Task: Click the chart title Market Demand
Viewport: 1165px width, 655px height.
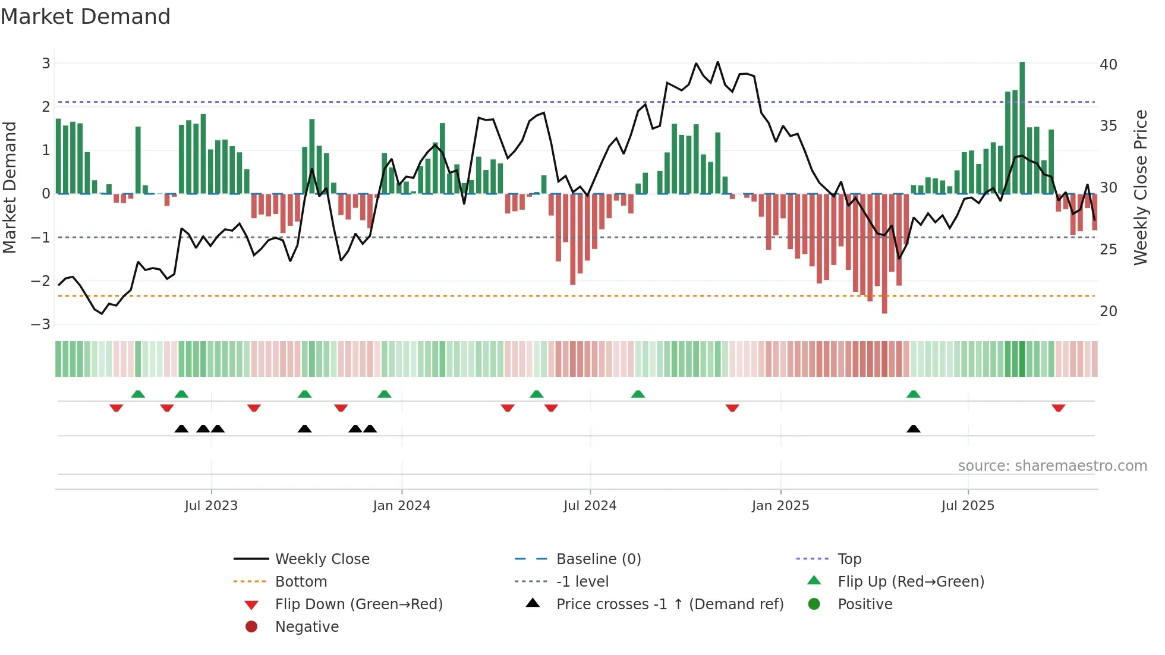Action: pos(86,17)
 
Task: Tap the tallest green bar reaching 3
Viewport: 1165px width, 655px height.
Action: pos(1022,128)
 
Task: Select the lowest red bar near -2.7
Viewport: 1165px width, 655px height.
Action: pos(884,253)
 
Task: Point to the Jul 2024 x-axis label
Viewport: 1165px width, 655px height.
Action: pos(590,506)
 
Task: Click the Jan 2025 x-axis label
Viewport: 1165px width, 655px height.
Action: pos(780,506)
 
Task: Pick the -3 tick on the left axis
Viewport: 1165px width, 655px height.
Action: pos(41,324)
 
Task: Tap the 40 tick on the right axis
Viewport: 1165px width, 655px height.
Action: pos(1109,64)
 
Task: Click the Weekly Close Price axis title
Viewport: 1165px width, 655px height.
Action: pos(1140,187)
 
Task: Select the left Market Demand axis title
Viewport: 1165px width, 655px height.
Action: pos(10,187)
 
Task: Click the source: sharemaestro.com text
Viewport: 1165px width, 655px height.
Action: pos(1052,466)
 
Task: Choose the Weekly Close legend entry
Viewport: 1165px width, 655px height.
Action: pos(322,559)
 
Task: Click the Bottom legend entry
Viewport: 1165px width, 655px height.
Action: pos(301,581)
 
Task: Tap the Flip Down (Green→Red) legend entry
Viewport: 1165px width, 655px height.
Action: pos(358,604)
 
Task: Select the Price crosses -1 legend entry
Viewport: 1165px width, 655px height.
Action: pos(669,604)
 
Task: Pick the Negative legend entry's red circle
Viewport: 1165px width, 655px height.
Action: pos(251,626)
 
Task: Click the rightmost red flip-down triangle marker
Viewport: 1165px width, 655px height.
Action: pos(1058,408)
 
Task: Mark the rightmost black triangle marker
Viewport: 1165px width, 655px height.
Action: pos(914,429)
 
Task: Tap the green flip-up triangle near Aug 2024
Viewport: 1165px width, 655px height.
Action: pos(638,394)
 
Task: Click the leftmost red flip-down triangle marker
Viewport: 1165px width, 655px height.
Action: pos(116,408)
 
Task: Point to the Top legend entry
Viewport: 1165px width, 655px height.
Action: pos(849,559)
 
